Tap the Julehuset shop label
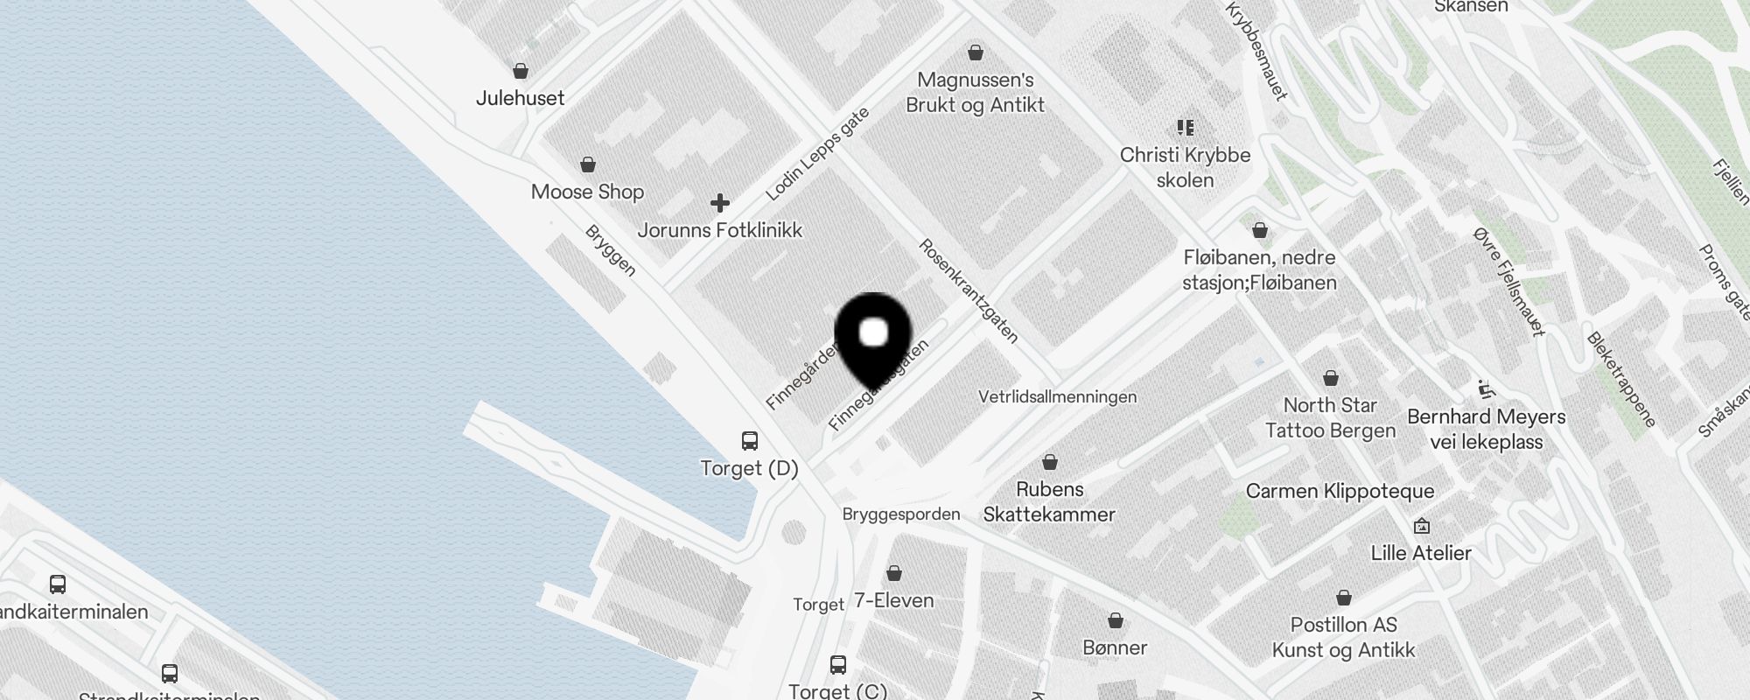pyautogui.click(x=520, y=98)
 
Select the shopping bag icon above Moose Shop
pyautogui.click(x=588, y=164)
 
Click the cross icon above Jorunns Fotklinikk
pyautogui.click(x=720, y=203)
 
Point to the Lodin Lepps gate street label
pyautogui.click(x=817, y=153)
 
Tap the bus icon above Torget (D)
pyautogui.click(x=750, y=440)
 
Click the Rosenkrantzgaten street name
pyautogui.click(x=969, y=290)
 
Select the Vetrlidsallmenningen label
pyautogui.click(x=1057, y=396)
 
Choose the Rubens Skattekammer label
pyautogui.click(x=1049, y=501)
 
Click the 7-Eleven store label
pyautogui.click(x=893, y=600)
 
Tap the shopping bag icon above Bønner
pyautogui.click(x=1116, y=620)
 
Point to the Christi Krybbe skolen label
pyautogui.click(x=1186, y=167)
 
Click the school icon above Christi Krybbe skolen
pyautogui.click(x=1186, y=128)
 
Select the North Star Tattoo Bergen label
pyautogui.click(x=1330, y=417)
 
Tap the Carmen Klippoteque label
pyautogui.click(x=1340, y=491)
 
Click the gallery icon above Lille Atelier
pyautogui.click(x=1422, y=526)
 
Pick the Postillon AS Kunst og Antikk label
pyautogui.click(x=1343, y=637)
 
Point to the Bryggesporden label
pyautogui.click(x=901, y=514)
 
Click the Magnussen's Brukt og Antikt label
pyautogui.click(x=976, y=92)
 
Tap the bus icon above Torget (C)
pyautogui.click(x=838, y=664)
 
